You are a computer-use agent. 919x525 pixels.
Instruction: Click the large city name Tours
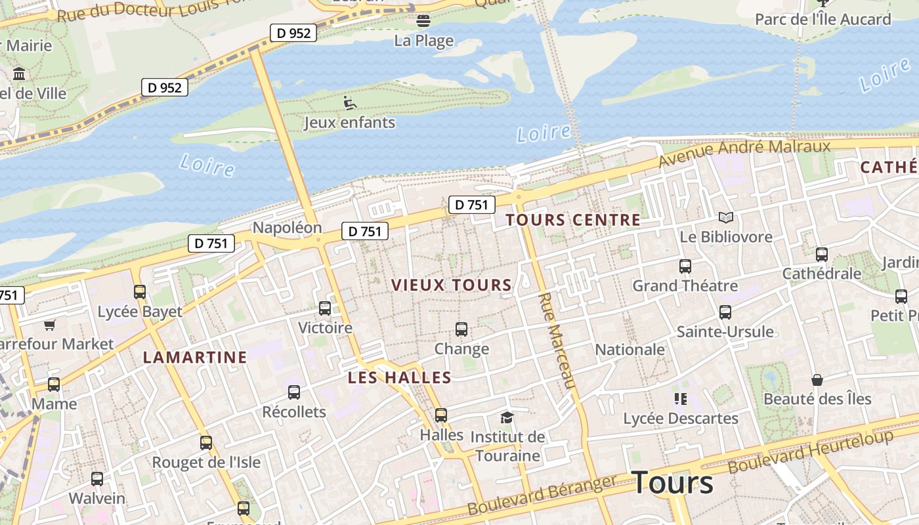pyautogui.click(x=673, y=483)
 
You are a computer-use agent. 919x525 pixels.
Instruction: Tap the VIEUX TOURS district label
pyautogui.click(x=451, y=285)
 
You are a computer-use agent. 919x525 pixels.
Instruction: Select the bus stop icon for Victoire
pyautogui.click(x=324, y=308)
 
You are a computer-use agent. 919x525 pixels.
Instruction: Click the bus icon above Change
pyautogui.click(x=461, y=329)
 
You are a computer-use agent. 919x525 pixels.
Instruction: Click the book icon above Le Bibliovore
pyautogui.click(x=725, y=217)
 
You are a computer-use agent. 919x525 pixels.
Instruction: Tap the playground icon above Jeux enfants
pyautogui.click(x=350, y=102)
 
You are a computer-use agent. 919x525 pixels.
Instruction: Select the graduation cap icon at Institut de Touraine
pyautogui.click(x=506, y=417)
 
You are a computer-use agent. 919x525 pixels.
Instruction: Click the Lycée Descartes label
pyautogui.click(x=680, y=418)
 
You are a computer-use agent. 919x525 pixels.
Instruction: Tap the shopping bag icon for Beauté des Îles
pyautogui.click(x=817, y=379)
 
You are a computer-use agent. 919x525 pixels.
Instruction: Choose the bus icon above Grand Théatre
pyautogui.click(x=685, y=266)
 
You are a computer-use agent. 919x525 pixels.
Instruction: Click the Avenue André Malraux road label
pyautogui.click(x=744, y=152)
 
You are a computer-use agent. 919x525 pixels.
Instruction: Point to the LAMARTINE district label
pyautogui.click(x=195, y=357)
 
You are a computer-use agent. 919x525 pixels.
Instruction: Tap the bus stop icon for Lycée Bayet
pyautogui.click(x=139, y=291)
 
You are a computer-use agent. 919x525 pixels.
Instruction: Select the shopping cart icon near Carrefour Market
pyautogui.click(x=49, y=324)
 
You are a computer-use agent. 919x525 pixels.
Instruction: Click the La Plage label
pyautogui.click(x=423, y=41)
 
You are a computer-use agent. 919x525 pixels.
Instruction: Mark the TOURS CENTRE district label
pyautogui.click(x=573, y=220)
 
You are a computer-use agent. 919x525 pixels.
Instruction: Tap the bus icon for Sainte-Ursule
pyautogui.click(x=725, y=312)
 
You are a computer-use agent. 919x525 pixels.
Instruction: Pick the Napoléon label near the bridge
pyautogui.click(x=287, y=228)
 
